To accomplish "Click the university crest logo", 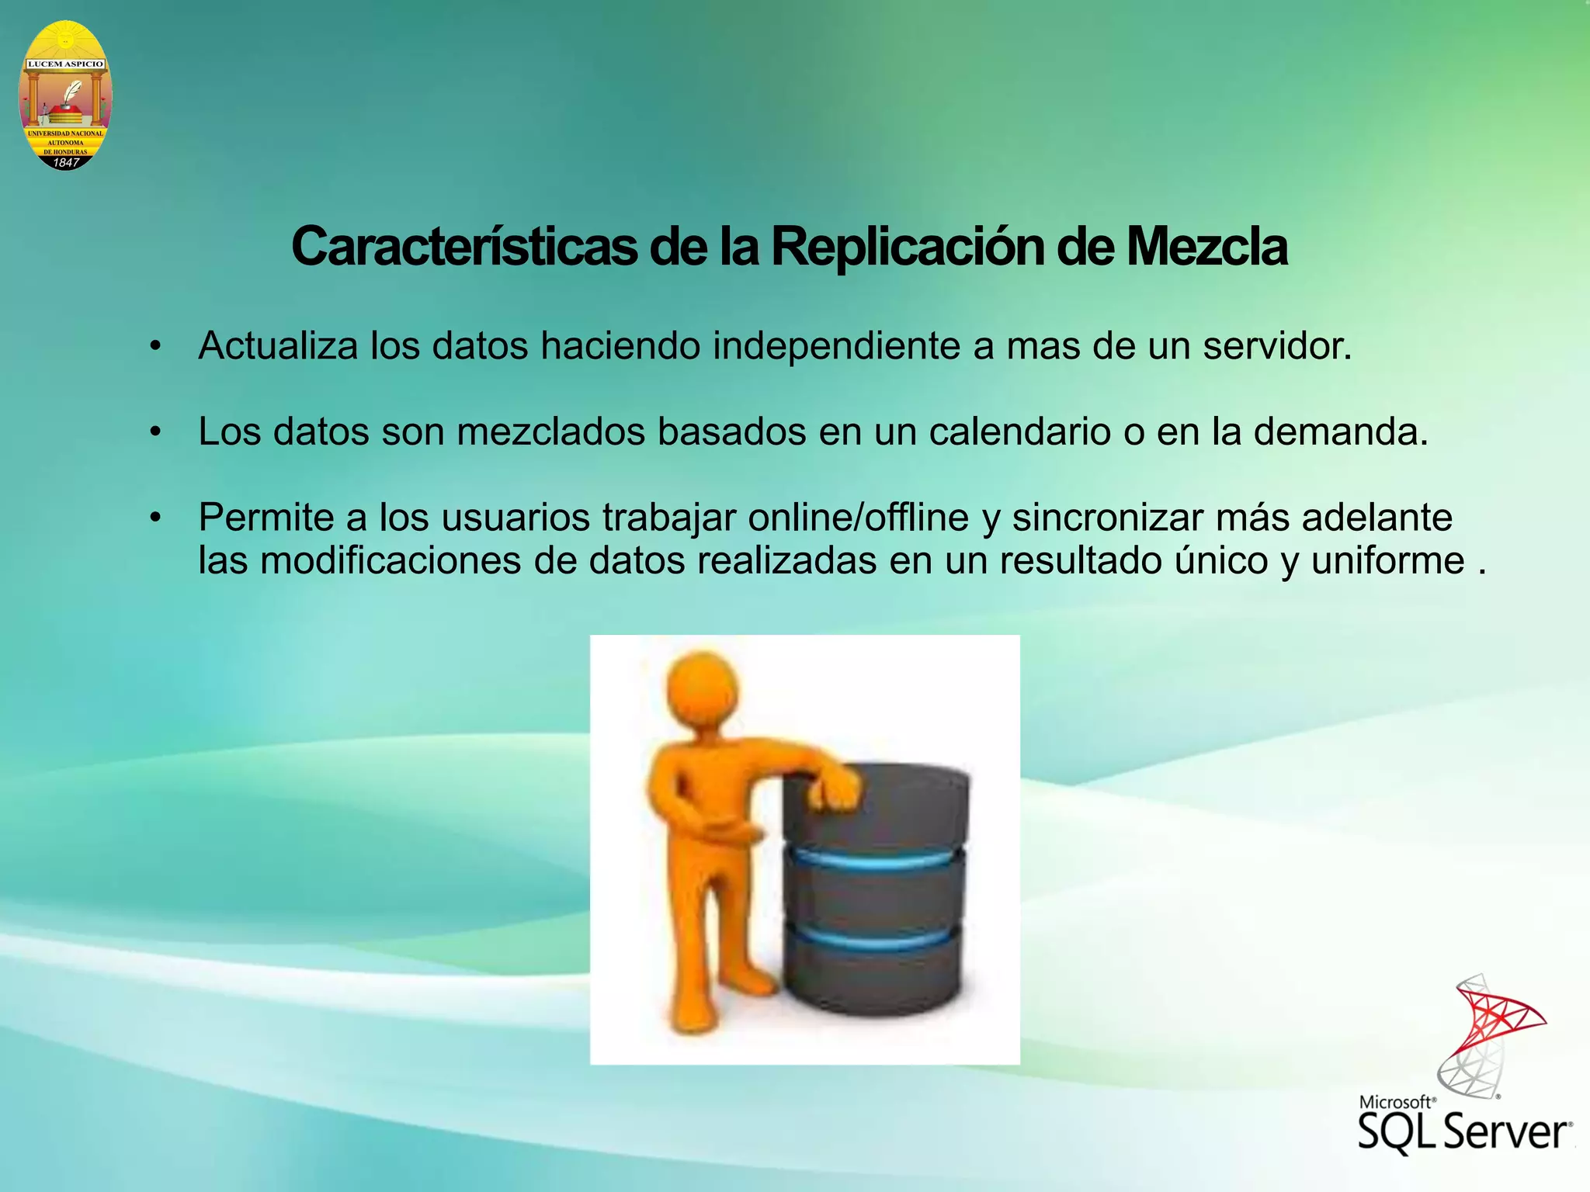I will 65,95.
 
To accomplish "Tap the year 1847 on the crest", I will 66,162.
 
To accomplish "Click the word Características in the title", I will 463,247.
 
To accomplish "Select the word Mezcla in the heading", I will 1206,247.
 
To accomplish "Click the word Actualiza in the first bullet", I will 278,346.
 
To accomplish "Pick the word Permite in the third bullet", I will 266,518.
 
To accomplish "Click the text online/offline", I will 858,518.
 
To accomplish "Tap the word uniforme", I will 1387,560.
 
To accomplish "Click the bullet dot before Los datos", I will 156,431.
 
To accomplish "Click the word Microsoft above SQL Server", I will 1395,1102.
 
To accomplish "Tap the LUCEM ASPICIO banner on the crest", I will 65,64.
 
